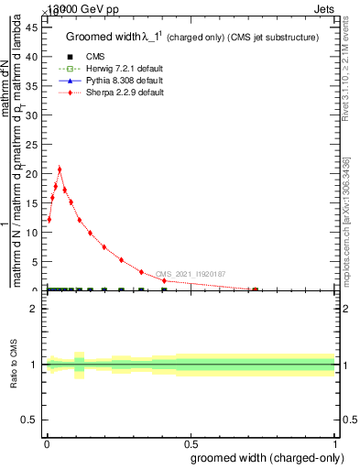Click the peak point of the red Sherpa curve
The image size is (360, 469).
tap(60, 169)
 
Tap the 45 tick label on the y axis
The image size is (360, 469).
tap(31, 27)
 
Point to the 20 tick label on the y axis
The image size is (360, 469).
tap(31, 174)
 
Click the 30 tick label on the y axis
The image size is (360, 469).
tap(31, 115)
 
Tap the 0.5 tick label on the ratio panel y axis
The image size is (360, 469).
tap(31, 420)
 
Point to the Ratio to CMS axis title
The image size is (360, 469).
tap(15, 365)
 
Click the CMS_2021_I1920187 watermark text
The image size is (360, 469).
tap(191, 274)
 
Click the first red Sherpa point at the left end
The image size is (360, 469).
tap(49, 220)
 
